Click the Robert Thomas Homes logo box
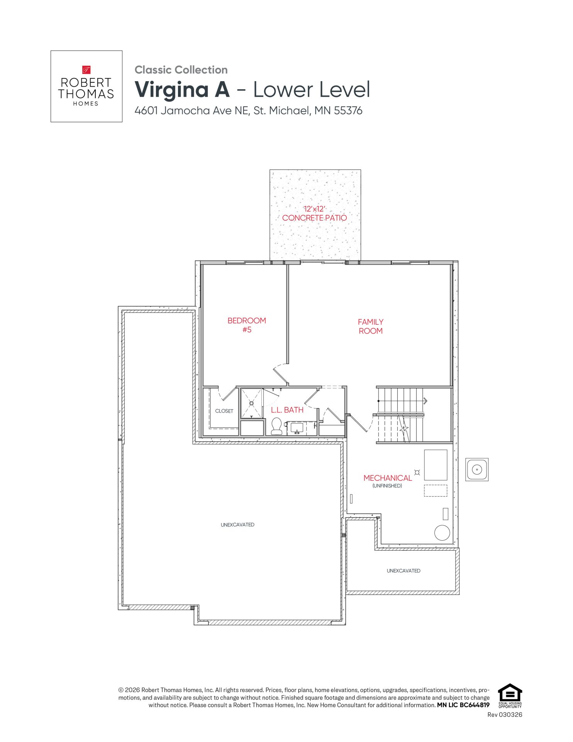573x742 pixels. (x=86, y=86)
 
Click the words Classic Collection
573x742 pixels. (x=181, y=70)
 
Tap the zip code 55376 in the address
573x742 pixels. (x=348, y=111)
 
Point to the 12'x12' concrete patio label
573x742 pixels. (x=315, y=213)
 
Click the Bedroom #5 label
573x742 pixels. (x=247, y=325)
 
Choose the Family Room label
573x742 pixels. (x=371, y=327)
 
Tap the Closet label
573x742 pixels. (x=224, y=411)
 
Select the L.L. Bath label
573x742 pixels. (x=287, y=410)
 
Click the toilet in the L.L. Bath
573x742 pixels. (x=276, y=426)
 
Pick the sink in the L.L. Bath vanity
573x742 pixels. (x=297, y=428)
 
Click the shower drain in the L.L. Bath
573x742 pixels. (x=251, y=403)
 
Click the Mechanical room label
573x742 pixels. (x=388, y=478)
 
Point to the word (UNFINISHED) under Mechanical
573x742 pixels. (x=387, y=486)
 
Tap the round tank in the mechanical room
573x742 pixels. (x=442, y=533)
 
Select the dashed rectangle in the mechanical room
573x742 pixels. (x=436, y=490)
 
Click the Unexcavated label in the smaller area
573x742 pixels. (x=403, y=571)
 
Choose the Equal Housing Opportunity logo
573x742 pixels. (x=510, y=696)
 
